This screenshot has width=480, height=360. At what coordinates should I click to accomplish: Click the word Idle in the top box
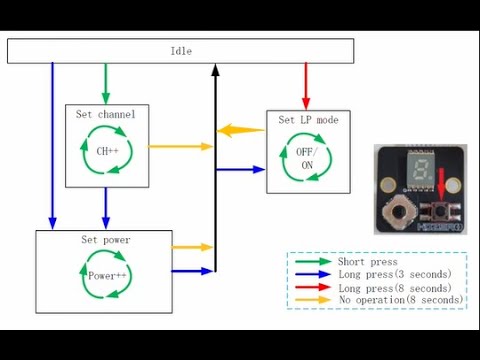[181, 51]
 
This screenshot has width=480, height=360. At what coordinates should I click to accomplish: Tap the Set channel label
[105, 114]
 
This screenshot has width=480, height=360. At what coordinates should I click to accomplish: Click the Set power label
[105, 240]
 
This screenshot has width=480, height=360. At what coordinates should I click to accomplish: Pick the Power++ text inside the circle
[105, 274]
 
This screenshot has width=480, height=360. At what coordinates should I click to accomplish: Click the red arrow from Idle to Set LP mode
[306, 86]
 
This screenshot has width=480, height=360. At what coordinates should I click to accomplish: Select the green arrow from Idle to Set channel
[106, 82]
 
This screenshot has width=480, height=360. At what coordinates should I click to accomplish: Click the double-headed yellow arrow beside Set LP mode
[243, 130]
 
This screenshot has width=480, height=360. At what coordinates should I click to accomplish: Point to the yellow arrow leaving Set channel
[180, 147]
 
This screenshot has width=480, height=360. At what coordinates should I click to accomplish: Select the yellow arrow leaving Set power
[193, 246]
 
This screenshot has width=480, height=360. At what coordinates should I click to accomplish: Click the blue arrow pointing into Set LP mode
[240, 171]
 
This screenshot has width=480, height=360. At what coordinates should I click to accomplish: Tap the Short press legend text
[362, 261]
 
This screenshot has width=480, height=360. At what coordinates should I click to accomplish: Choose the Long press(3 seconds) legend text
[394, 274]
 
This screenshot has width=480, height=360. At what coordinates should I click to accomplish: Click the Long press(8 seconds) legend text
[394, 287]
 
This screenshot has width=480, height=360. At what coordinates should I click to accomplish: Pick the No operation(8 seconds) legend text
[400, 300]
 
